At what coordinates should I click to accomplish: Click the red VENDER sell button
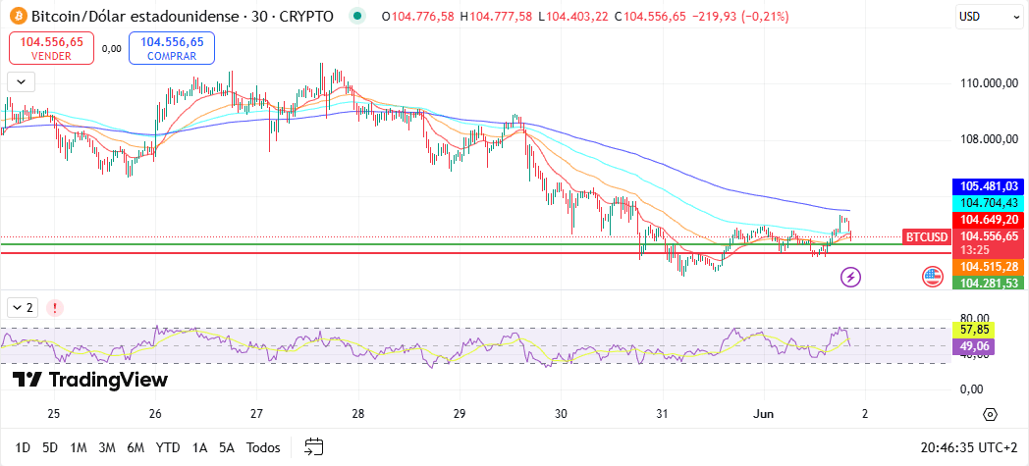[52, 48]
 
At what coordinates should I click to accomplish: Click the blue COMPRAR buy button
[172, 48]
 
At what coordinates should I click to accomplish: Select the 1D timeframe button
[23, 447]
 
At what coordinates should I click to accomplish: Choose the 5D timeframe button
[50, 447]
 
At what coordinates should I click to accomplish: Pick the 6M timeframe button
[135, 447]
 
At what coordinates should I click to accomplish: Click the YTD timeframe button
[168, 447]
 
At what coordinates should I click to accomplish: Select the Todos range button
[263, 447]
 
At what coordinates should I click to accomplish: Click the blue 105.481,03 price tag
[990, 186]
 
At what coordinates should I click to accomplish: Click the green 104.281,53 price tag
[990, 283]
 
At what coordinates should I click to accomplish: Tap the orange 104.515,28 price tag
[990, 267]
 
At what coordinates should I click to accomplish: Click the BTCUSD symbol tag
[927, 236]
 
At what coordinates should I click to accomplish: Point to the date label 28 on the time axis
[357, 413]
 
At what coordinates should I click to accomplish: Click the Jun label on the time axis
[763, 413]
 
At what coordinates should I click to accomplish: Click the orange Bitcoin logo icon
[17, 17]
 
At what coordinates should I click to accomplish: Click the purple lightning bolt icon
[851, 277]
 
